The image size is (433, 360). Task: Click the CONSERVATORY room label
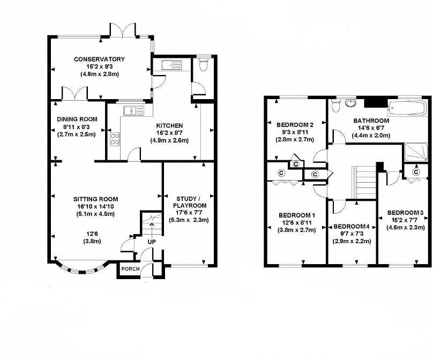point(99,59)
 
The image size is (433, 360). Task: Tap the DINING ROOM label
point(77,119)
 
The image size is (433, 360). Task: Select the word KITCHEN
point(169,125)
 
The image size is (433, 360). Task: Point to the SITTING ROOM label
point(95,199)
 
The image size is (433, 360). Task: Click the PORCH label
point(130,269)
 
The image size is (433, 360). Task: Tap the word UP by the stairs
point(152,242)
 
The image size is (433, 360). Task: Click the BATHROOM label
point(371,121)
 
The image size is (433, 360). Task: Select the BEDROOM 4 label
point(351,227)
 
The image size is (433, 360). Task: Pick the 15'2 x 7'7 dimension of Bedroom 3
point(405,220)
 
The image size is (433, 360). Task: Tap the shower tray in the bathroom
point(416,152)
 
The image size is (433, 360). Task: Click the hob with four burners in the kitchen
point(115,139)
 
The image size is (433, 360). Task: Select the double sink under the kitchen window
point(134,110)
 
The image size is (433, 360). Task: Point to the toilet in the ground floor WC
point(204,64)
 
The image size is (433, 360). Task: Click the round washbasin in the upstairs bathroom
point(350,103)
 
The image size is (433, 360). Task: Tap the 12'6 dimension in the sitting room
point(92,234)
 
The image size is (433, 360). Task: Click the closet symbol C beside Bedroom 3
point(416,172)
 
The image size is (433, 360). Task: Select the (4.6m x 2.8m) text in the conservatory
point(100,74)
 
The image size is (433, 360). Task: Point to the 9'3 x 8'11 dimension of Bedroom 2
point(295,132)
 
